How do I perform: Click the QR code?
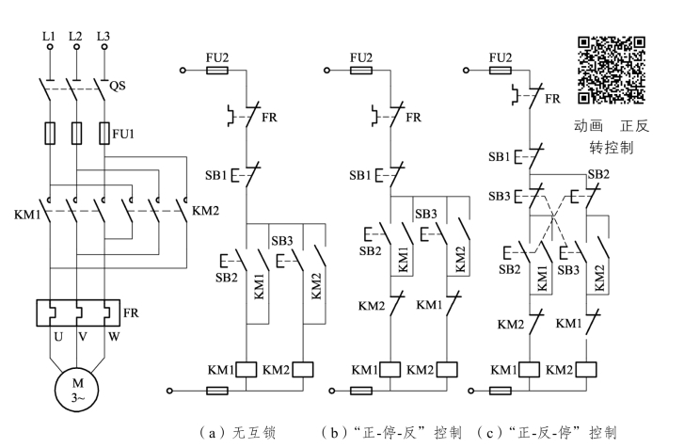point(611,70)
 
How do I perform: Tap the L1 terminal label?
point(48,38)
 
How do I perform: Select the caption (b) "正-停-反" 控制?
point(391,433)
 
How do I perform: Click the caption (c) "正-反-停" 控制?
point(548,433)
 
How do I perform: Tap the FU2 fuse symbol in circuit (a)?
point(217,70)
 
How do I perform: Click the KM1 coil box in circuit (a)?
point(247,369)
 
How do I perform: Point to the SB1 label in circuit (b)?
point(360,175)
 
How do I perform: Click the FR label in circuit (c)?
point(552,97)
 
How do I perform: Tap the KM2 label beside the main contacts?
point(205,210)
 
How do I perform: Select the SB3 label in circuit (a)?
point(282,241)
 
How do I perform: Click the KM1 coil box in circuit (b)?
point(390,369)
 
